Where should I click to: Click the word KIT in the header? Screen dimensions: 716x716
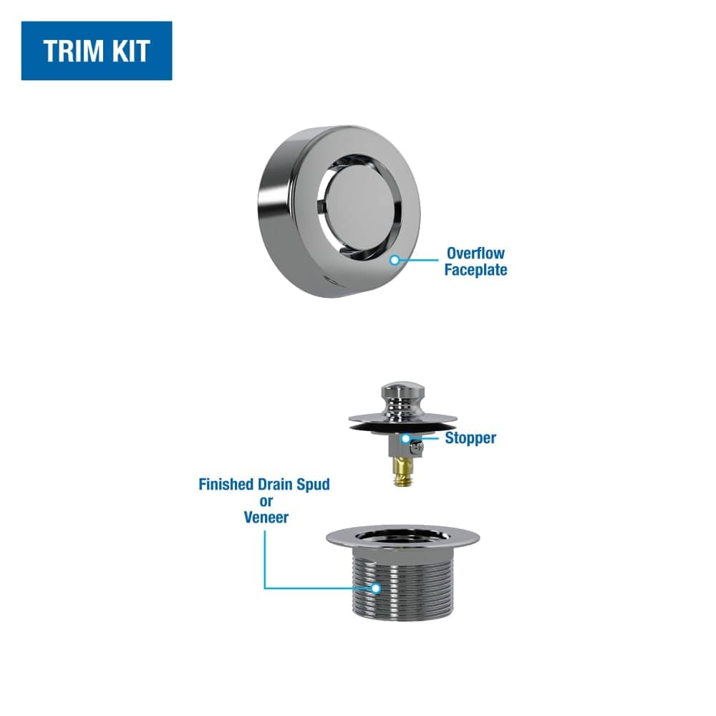(x=132, y=51)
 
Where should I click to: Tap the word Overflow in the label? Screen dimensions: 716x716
(x=475, y=253)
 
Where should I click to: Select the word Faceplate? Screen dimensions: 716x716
(x=475, y=270)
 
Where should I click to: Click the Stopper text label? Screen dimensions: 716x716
(x=470, y=437)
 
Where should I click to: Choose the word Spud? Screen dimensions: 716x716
(x=311, y=484)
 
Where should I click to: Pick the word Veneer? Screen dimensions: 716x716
(x=265, y=516)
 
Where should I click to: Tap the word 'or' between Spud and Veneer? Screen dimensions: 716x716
(x=266, y=500)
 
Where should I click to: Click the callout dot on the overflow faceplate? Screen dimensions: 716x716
(x=394, y=261)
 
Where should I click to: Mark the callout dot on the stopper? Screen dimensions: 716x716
(x=405, y=437)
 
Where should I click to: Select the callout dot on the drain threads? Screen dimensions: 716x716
(x=374, y=589)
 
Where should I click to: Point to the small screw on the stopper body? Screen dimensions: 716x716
(x=418, y=447)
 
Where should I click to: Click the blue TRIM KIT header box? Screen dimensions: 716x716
(x=97, y=51)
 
